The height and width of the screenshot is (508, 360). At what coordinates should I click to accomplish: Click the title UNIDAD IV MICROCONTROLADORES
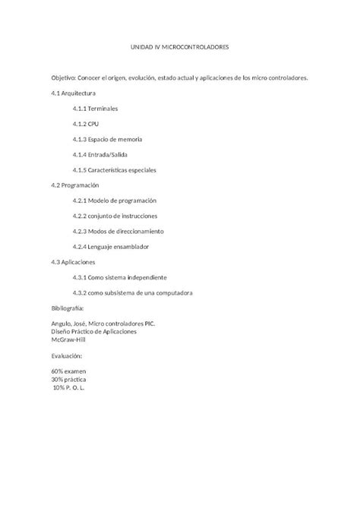pyautogui.click(x=180, y=47)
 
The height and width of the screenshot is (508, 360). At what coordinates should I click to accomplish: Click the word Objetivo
pyautogui.click(x=64, y=78)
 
